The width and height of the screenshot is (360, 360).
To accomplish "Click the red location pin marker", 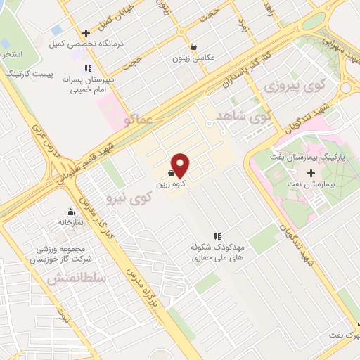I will click(181, 165).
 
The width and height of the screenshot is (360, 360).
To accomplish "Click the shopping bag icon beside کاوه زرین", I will click(172, 173).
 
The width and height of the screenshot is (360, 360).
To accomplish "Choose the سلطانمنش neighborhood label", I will click(77, 279).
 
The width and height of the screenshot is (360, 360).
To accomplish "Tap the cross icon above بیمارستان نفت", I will click(311, 172).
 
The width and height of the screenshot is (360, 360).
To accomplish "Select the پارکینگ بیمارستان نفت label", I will click(308, 155).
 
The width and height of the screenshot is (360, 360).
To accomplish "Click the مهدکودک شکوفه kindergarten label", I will click(217, 253).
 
